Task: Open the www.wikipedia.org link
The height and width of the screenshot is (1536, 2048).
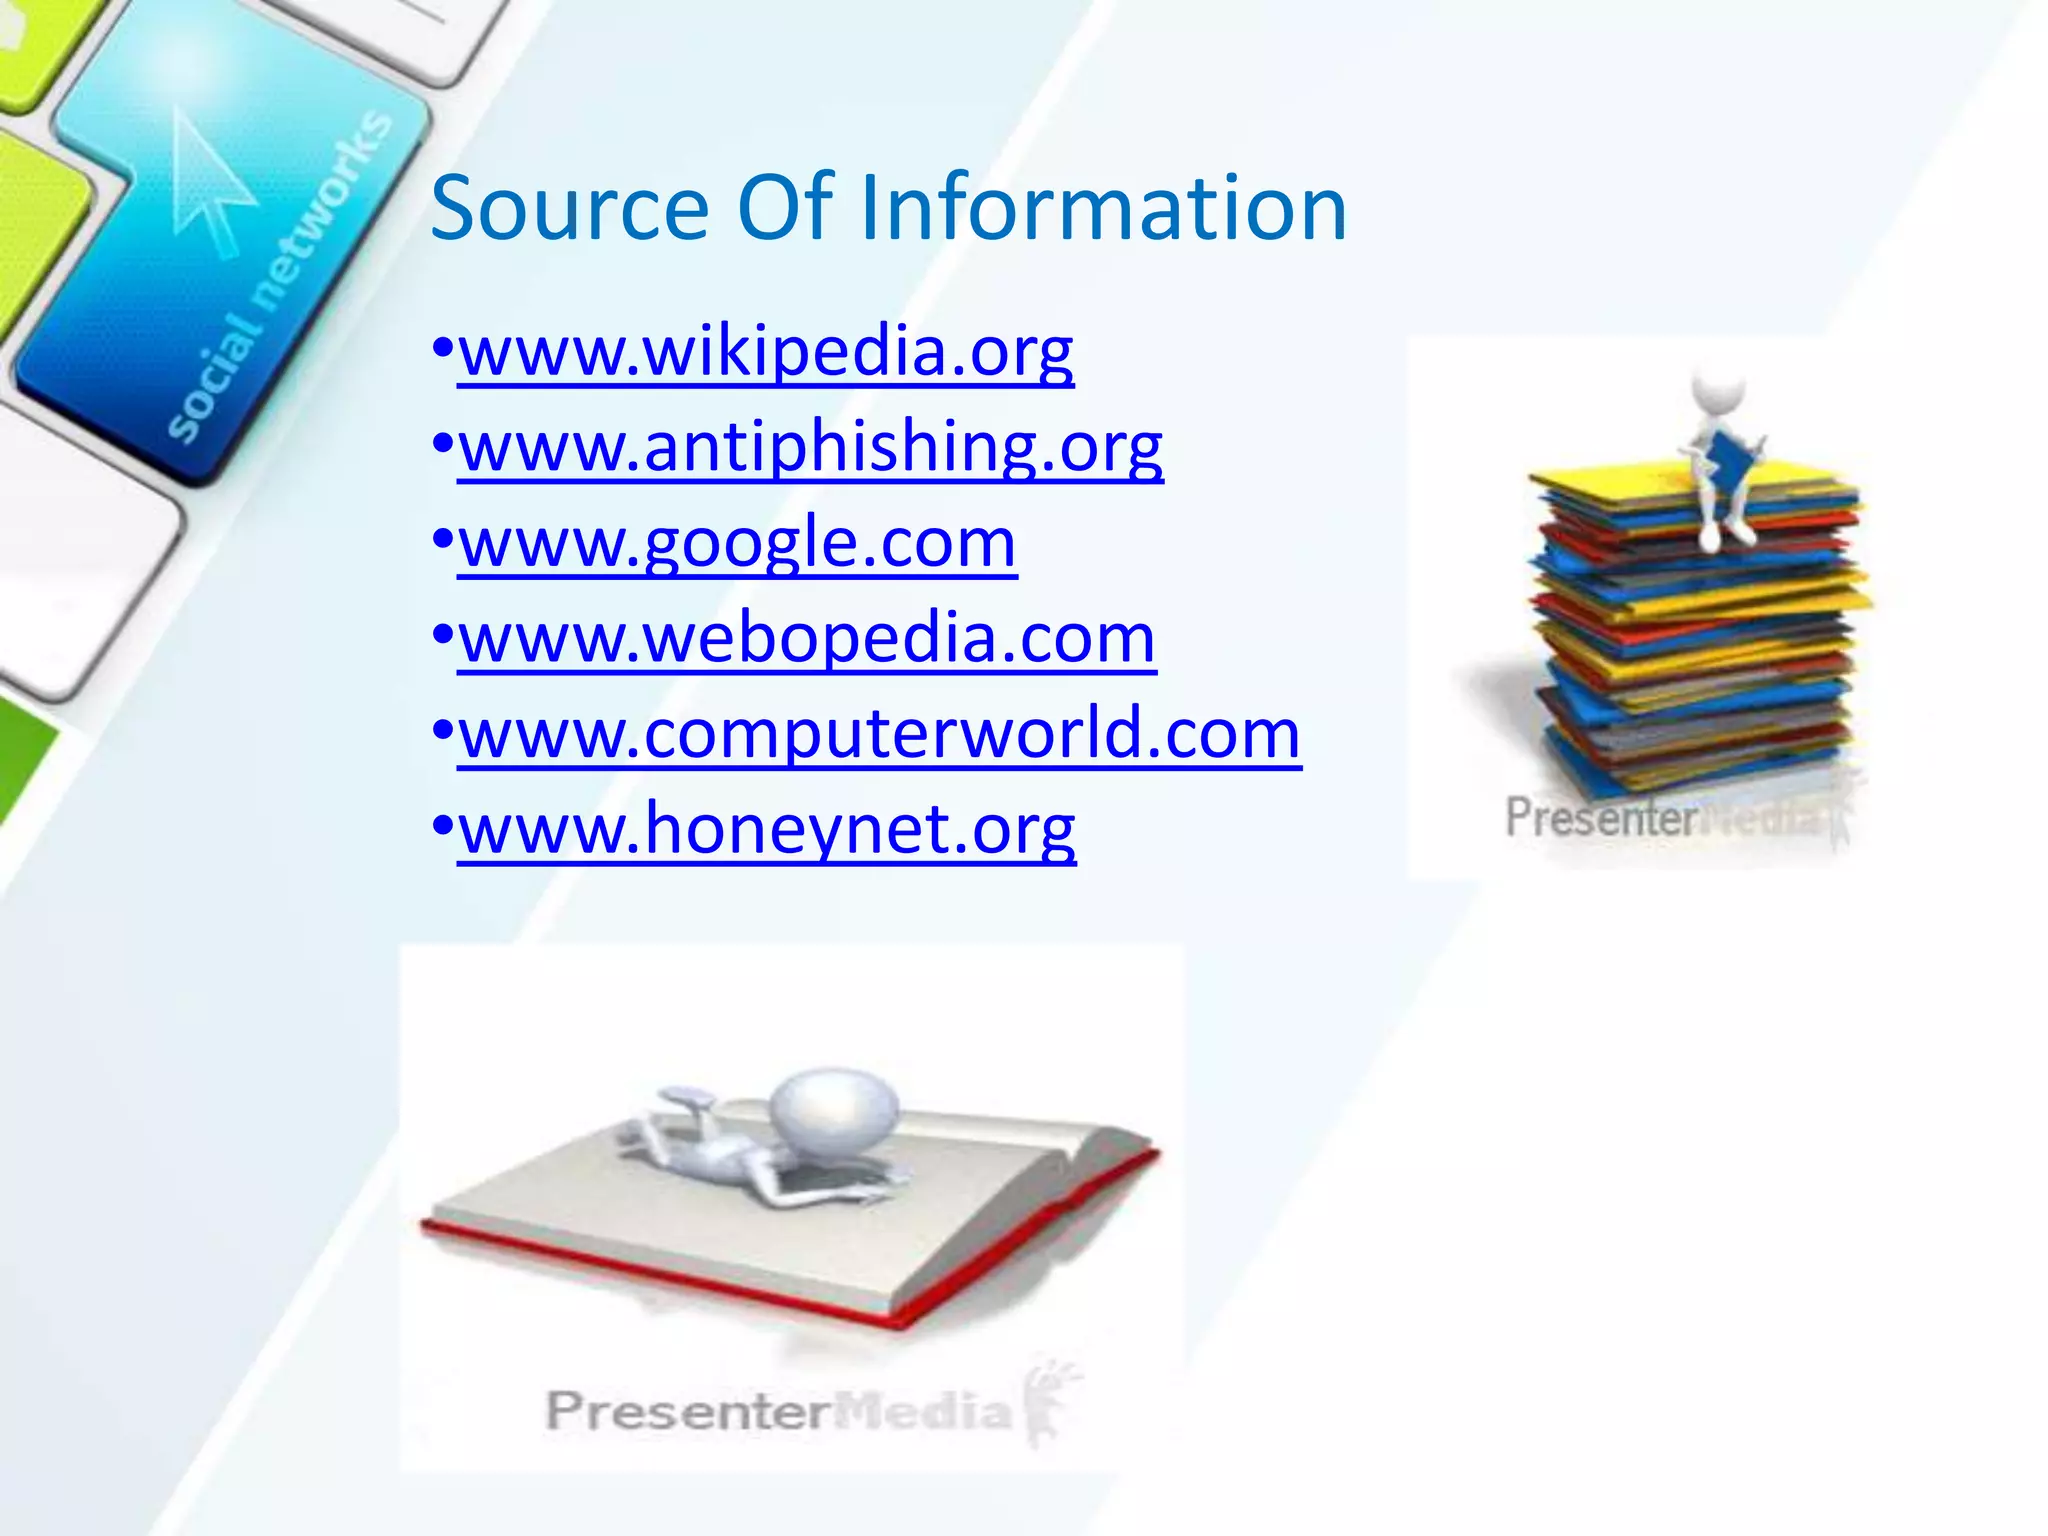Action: pos(766,352)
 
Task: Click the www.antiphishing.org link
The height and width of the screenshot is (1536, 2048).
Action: pos(810,447)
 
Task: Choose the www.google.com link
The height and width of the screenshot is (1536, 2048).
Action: pos(737,543)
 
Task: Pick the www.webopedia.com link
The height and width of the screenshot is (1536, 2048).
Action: pos(806,638)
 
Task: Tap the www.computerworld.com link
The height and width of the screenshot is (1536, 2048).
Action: pos(879,734)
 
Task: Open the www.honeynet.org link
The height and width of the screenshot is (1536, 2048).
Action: pos(766,829)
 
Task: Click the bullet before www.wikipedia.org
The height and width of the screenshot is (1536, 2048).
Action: pos(443,351)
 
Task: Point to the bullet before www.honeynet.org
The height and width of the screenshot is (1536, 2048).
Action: pos(443,828)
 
